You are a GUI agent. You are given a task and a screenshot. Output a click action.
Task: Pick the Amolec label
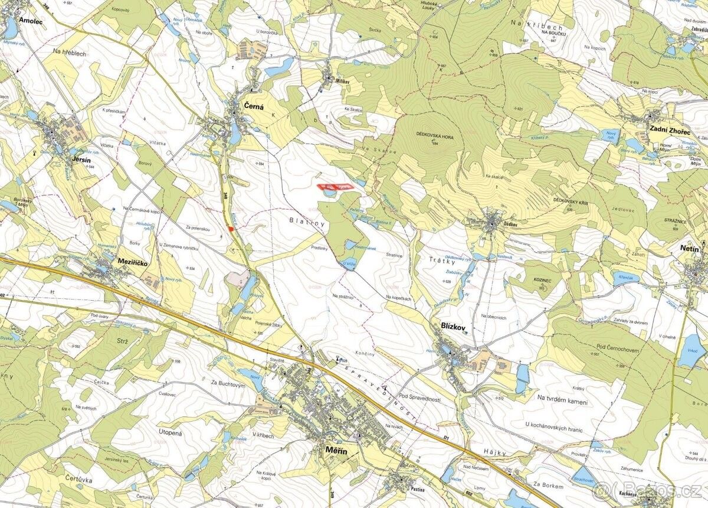[32, 20]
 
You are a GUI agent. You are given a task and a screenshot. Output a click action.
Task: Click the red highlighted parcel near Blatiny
[334, 187]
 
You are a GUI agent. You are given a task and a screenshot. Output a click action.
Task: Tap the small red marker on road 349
[231, 229]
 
